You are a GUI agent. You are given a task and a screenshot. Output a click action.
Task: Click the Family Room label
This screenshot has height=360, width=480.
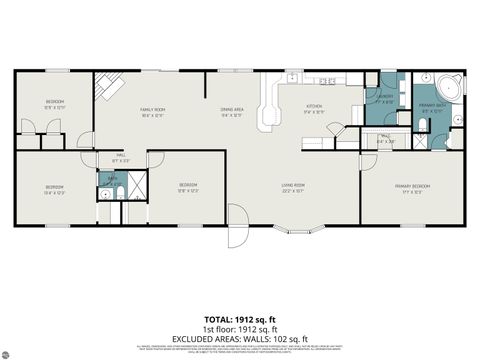152,111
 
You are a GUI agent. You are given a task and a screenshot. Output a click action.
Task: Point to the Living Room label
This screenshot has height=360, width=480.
293,187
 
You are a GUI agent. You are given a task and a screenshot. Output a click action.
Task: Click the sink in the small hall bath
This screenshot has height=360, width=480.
104,194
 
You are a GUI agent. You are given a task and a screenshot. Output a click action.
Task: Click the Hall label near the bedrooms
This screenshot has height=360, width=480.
120,157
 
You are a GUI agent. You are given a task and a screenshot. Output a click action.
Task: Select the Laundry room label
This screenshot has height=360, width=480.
384,98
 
